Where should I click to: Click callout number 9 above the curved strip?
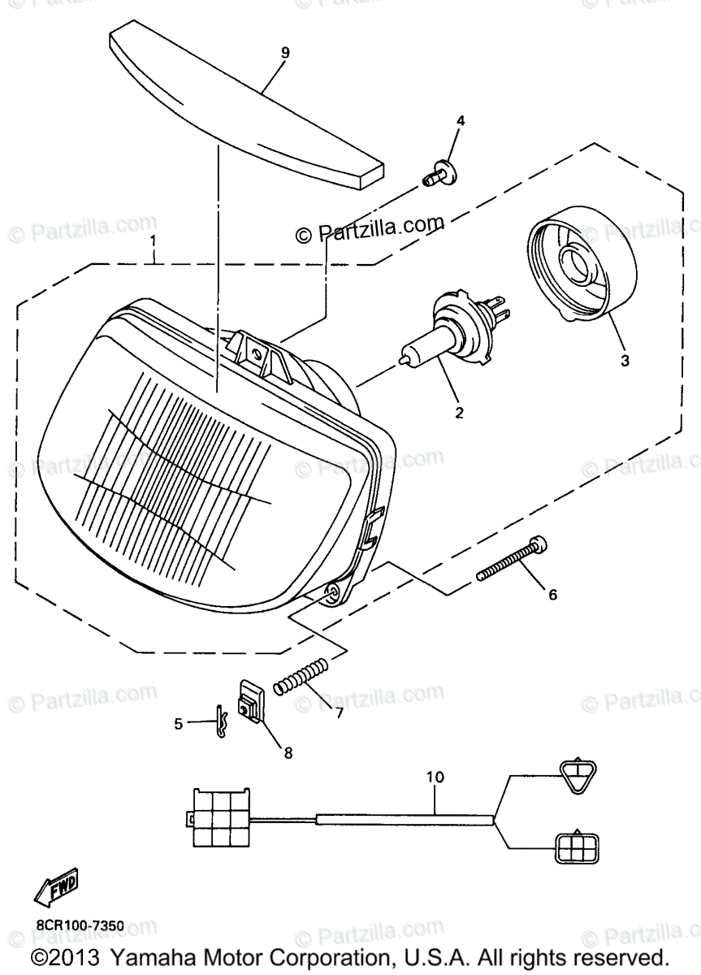(x=285, y=53)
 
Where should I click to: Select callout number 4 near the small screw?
(x=461, y=121)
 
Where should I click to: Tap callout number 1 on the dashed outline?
(x=152, y=242)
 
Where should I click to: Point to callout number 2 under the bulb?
(x=459, y=413)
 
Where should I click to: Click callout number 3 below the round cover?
(x=625, y=360)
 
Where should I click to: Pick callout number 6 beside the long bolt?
(x=552, y=595)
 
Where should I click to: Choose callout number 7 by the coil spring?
(x=339, y=713)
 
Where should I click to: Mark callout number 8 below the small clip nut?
(x=288, y=752)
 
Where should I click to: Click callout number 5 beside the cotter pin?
(x=179, y=723)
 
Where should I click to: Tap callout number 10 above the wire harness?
(x=435, y=778)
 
